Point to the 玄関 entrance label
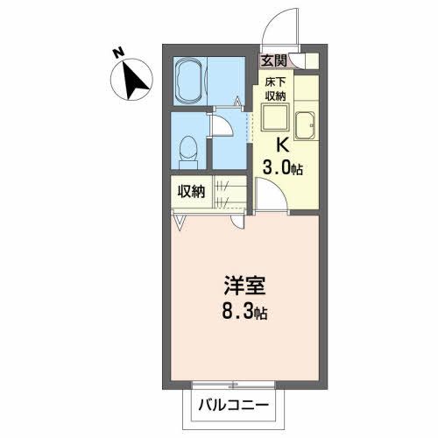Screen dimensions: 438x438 [274, 60]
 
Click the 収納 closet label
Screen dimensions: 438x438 [193, 192]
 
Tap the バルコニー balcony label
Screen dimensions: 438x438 [232, 405]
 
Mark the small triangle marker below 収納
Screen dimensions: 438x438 [180, 223]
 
